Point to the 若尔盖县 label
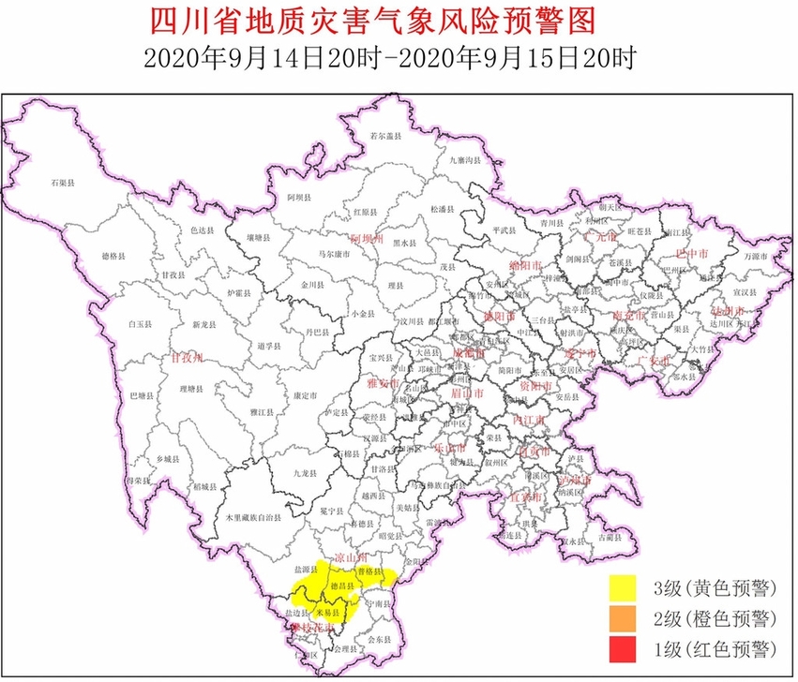[385, 137]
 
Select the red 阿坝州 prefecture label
[367, 240]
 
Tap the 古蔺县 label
[610, 538]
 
